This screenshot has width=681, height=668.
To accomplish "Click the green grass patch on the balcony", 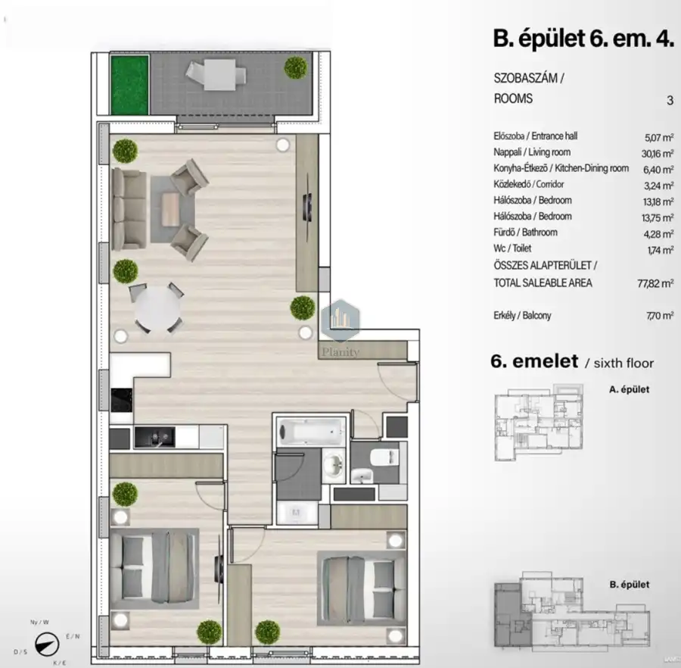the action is (129, 85).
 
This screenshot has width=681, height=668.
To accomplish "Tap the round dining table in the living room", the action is (157, 309).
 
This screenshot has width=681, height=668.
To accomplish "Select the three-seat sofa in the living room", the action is (129, 210).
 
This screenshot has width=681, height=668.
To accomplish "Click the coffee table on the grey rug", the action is (170, 210).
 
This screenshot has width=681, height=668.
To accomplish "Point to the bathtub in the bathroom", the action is (311, 432).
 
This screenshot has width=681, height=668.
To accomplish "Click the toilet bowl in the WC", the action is (384, 457).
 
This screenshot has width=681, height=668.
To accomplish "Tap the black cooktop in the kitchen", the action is (122, 400).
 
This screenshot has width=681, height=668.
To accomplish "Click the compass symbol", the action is (47, 644).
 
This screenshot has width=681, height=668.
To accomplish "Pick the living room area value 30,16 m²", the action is (658, 154).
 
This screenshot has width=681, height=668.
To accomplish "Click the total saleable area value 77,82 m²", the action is (655, 283).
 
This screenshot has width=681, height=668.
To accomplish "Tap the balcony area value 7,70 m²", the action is (660, 316).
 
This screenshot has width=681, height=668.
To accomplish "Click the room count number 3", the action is (670, 101).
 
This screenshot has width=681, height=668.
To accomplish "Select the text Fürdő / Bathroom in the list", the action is (525, 233).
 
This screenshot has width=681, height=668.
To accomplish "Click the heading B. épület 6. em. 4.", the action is (583, 38).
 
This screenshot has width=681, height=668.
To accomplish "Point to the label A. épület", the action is (629, 389).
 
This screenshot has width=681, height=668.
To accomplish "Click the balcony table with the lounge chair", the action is (216, 74).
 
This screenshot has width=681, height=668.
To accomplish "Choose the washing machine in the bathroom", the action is (297, 513).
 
